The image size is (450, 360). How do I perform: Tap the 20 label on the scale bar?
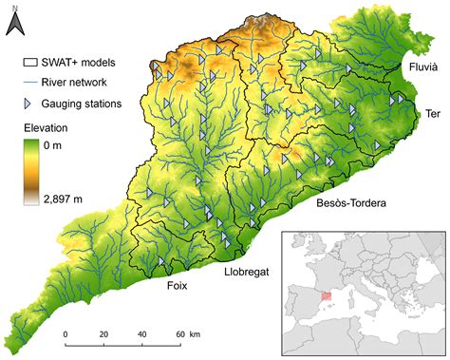click(103, 335)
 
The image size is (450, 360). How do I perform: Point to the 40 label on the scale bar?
click(141, 335)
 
